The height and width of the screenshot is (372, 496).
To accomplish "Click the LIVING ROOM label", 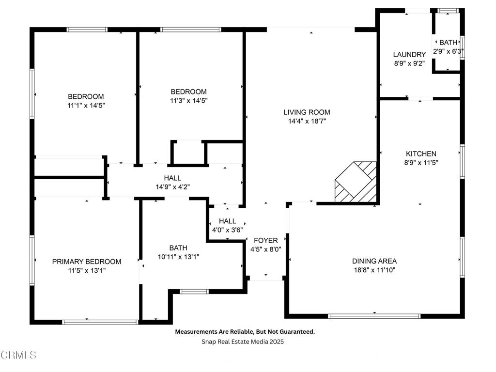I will (x=307, y=112).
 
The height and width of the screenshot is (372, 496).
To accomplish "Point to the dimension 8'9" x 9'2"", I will (x=409, y=63).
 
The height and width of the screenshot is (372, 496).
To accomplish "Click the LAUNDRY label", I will (x=409, y=55).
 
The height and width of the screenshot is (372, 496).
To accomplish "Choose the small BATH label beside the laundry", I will (x=448, y=43).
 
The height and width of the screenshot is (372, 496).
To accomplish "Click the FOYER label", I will (x=265, y=240).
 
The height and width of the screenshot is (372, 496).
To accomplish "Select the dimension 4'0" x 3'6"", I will (x=227, y=230).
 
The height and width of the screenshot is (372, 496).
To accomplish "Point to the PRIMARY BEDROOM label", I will (x=87, y=262).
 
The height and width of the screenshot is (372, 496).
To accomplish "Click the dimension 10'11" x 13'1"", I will (x=178, y=257).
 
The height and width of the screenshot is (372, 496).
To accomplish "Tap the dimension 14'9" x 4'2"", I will (x=172, y=186).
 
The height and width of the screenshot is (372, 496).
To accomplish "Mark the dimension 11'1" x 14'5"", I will (x=85, y=105).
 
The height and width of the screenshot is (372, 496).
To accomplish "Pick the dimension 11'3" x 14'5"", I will (x=188, y=100).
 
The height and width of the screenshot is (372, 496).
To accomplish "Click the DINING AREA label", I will (x=374, y=261).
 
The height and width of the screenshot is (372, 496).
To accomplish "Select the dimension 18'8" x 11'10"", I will (x=374, y=270).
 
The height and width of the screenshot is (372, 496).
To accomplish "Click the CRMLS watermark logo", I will (x=18, y=355).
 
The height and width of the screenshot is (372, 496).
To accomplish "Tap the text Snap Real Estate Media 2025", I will (x=242, y=341).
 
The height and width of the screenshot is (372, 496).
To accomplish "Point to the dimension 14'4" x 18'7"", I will (x=307, y=121).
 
